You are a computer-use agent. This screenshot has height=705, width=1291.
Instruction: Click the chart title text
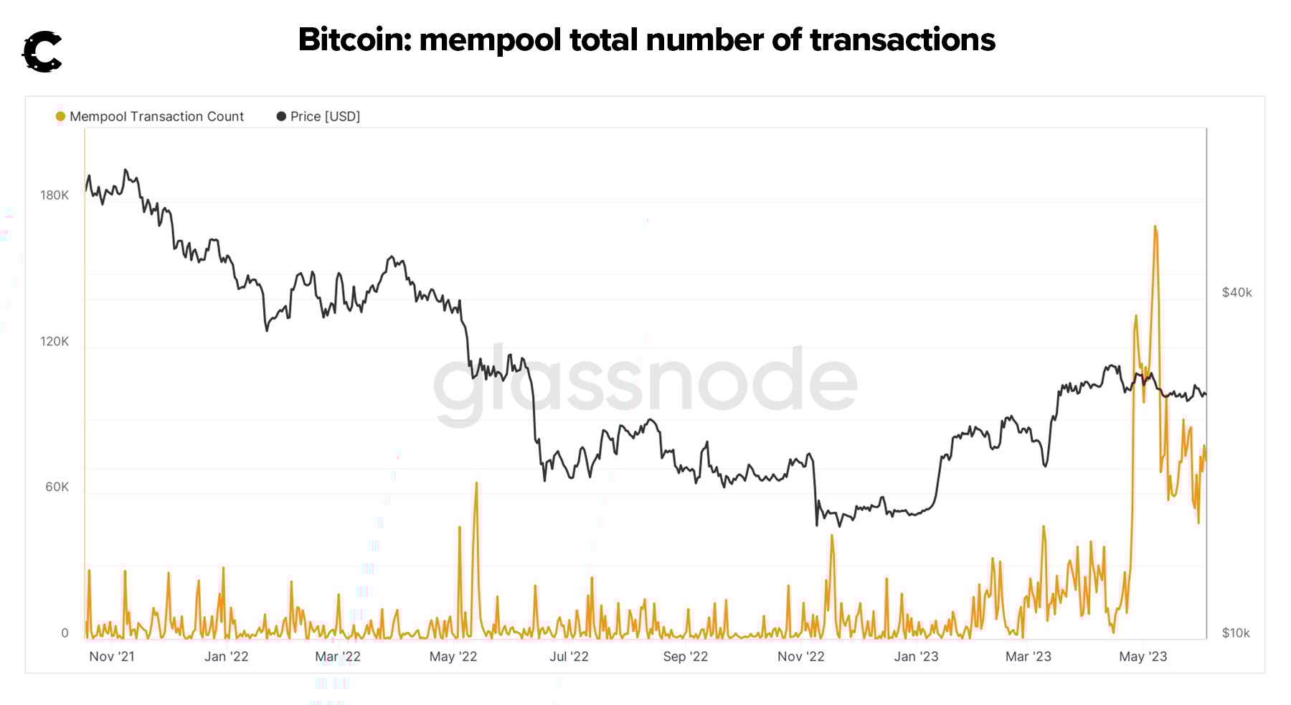click(x=646, y=39)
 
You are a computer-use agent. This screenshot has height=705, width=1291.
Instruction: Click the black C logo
click(x=42, y=52)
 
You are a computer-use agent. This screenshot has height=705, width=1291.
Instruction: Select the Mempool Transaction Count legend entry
click(x=156, y=116)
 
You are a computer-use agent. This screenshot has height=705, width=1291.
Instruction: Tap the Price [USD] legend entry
click(x=324, y=116)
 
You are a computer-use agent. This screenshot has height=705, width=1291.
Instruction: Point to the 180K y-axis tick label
click(x=55, y=195)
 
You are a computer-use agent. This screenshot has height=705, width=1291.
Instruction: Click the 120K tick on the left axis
click(x=55, y=341)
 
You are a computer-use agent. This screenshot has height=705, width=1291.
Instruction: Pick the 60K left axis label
click(x=57, y=487)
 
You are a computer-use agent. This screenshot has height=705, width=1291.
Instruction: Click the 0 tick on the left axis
click(x=65, y=632)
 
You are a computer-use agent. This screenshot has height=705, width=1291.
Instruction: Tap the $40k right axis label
click(x=1236, y=292)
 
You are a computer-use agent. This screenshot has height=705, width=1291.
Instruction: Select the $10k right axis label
click(x=1236, y=632)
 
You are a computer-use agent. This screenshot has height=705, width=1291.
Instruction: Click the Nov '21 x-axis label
click(x=112, y=656)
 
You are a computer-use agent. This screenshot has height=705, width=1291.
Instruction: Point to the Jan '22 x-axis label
click(x=226, y=656)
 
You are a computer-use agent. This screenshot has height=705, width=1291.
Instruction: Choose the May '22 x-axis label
click(x=453, y=656)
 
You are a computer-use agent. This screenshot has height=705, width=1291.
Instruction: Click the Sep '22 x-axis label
click(x=685, y=656)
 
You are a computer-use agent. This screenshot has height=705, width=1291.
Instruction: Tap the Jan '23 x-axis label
click(x=916, y=656)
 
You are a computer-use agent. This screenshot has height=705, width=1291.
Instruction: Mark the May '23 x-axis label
click(x=1143, y=656)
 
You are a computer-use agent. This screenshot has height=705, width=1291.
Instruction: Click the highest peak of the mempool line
click(x=1155, y=227)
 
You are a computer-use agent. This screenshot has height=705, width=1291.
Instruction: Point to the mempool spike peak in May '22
click(x=476, y=483)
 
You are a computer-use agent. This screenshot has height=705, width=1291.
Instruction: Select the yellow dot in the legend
click(x=60, y=116)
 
